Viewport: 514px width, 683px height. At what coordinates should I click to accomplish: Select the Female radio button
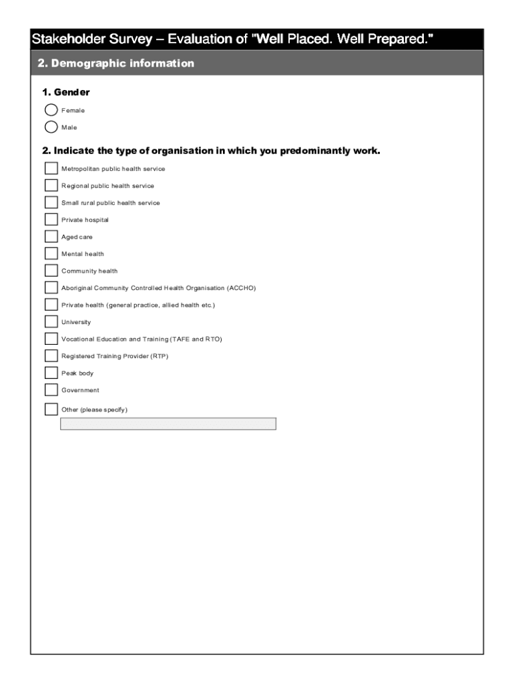(x=51, y=110)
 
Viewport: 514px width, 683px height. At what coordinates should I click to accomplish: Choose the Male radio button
(x=51, y=127)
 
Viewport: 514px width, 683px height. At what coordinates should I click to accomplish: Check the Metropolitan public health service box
(x=51, y=169)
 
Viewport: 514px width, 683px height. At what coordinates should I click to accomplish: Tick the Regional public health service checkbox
(x=51, y=185)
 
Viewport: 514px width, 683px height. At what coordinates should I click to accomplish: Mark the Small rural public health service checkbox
(x=51, y=203)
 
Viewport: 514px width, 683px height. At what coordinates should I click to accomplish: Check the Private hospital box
(x=51, y=219)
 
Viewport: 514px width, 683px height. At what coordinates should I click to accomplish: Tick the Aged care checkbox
(x=51, y=237)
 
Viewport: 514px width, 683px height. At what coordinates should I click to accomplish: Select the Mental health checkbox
(x=51, y=253)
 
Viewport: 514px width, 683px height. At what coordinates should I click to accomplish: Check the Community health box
(x=51, y=271)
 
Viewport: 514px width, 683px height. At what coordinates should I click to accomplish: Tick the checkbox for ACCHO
(x=51, y=287)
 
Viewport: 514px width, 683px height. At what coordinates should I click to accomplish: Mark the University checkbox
(x=51, y=322)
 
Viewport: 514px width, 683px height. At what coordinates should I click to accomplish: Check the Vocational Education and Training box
(x=51, y=339)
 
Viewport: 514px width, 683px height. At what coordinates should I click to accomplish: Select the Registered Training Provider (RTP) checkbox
(x=51, y=356)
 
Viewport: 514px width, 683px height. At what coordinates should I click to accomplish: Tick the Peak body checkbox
(x=51, y=373)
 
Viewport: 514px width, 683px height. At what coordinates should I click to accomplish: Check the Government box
(x=51, y=390)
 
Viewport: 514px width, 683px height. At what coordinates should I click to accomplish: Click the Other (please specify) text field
(x=168, y=424)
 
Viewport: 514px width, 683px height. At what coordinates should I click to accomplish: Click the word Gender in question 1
(x=71, y=92)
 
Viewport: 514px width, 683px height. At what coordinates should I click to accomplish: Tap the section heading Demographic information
(x=123, y=63)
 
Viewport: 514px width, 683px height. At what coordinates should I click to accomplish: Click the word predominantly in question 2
(x=316, y=151)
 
